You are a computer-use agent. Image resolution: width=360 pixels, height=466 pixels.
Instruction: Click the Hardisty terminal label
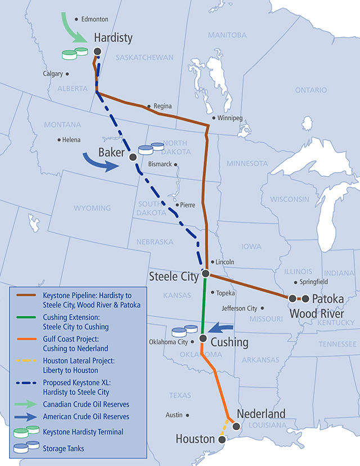click(113, 38)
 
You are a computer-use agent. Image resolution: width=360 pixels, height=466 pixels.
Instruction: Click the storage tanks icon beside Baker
click(150, 149)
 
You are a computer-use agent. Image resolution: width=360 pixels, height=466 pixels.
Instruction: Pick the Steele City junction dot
click(206, 274)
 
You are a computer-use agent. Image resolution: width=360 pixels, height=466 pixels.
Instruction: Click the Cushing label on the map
click(230, 342)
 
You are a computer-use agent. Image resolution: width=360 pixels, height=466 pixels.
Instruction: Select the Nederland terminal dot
click(236, 427)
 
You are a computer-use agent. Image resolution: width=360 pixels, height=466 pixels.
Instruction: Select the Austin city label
click(174, 415)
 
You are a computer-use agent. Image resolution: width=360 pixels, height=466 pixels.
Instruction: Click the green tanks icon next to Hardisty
click(75, 53)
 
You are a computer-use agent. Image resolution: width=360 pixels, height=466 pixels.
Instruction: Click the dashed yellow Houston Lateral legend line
click(26, 362)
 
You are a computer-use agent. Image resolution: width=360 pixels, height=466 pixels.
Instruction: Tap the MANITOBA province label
click(227, 35)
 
